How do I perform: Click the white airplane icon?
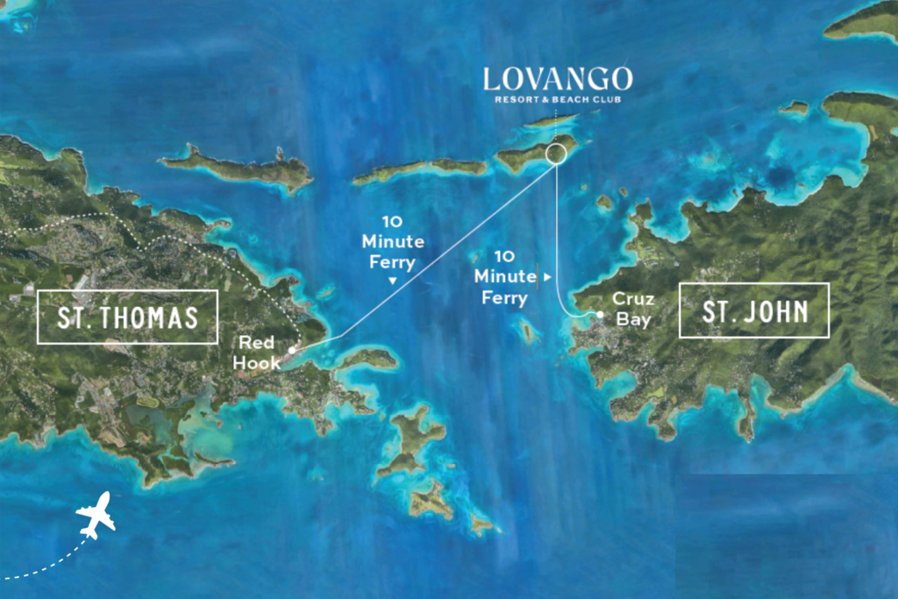[96, 515]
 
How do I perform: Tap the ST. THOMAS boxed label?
[127, 317]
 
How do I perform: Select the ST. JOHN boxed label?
[754, 310]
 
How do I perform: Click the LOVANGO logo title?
[558, 79]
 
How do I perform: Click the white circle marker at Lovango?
[556, 154]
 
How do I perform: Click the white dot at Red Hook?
[291, 349]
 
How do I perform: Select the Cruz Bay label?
[632, 309]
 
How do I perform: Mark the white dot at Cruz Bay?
[600, 315]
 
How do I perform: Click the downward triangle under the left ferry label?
[393, 282]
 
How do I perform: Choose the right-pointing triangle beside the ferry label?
[548, 276]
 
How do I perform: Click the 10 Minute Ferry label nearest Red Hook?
[393, 241]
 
